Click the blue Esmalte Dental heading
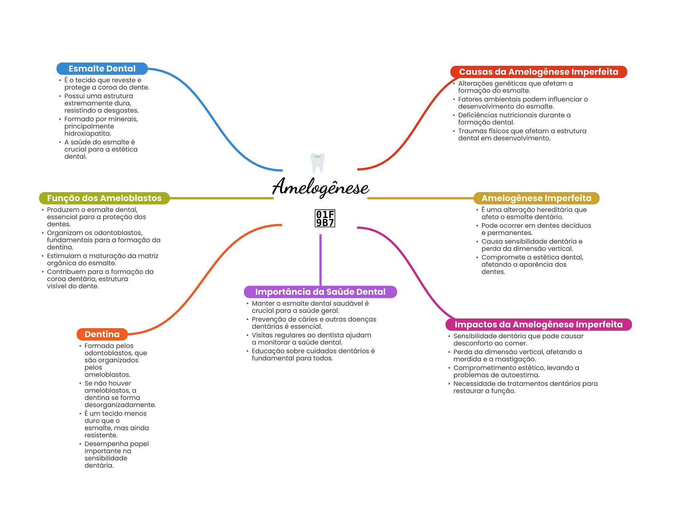[102, 68]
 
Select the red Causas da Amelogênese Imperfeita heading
[538, 72]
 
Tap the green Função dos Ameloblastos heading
[104, 198]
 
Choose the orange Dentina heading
[102, 334]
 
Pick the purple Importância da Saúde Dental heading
[320, 292]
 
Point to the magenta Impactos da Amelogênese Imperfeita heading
[538, 324]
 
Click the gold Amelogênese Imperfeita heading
[536, 198]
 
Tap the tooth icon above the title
[318, 163]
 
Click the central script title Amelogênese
[320, 187]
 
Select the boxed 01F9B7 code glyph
[325, 218]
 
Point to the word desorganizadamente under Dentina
[120, 405]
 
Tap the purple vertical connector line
[320, 260]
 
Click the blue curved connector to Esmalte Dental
[215, 119]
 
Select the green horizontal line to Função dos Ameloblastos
[221, 198]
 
